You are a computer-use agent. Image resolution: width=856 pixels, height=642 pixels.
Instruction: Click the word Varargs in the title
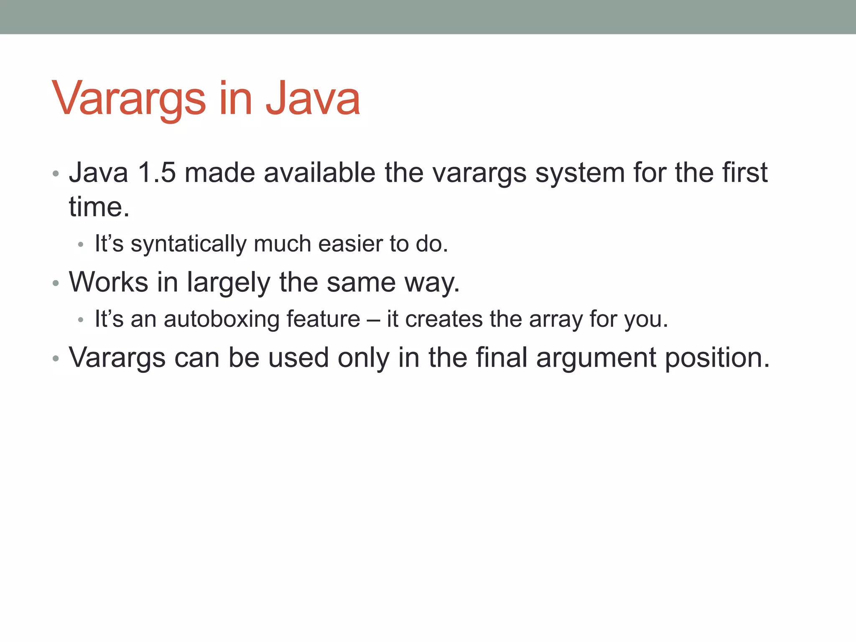tap(129, 99)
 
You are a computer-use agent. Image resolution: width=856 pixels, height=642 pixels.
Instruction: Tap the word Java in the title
tap(313, 99)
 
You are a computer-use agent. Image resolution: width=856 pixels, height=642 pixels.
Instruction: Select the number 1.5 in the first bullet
tap(156, 172)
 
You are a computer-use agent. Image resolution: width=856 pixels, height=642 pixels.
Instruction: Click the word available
tap(320, 172)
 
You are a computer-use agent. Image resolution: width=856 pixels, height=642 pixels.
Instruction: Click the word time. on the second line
tap(99, 207)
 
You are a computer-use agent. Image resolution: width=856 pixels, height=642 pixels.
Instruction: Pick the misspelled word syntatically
tap(189, 244)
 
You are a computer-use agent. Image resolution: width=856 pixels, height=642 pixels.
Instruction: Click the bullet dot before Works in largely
tap(56, 283)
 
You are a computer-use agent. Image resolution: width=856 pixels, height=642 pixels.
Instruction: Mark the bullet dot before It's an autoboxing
tap(81, 321)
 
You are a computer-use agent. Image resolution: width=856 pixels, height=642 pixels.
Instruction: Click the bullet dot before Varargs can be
tap(56, 359)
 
